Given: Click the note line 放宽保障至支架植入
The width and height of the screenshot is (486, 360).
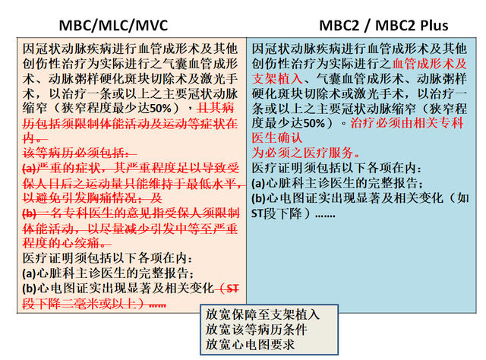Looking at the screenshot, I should coord(263,314).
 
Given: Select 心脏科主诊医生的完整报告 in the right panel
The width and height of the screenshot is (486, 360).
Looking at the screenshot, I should coord(341,182).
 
